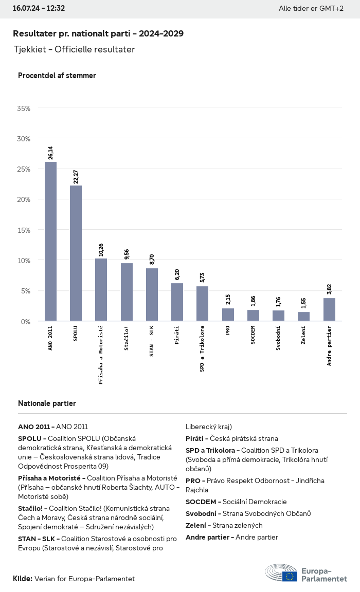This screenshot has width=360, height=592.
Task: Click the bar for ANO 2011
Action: pos(50,242)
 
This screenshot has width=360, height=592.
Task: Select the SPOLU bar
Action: pos(76,253)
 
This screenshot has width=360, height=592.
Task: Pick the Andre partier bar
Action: pos(329,309)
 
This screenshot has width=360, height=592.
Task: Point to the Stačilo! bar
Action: pos(127,292)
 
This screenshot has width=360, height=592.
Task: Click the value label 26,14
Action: pos(50,153)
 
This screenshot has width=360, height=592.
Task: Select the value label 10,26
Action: pos(101,249)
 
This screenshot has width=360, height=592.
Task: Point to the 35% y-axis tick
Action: pos(24,108)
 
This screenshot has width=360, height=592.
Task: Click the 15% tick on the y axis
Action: pos(24,230)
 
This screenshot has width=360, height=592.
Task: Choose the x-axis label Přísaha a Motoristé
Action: pos(101,355)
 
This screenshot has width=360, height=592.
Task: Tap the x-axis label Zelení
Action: pos(303,335)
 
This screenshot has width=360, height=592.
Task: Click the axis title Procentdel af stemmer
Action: pos(57,76)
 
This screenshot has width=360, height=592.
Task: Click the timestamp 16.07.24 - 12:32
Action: pos(39,8)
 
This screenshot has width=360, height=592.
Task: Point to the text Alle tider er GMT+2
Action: pos(311,9)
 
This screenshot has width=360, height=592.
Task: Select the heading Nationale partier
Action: pos(47,403)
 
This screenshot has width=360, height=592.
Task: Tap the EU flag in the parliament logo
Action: pos(289,576)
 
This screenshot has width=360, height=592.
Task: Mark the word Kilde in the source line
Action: pos(22,579)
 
